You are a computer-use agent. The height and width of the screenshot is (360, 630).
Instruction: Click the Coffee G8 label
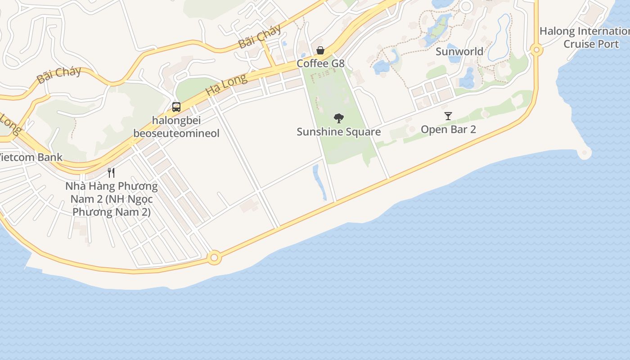click(320, 63)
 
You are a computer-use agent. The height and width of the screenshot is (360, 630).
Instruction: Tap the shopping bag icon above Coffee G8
click(320, 50)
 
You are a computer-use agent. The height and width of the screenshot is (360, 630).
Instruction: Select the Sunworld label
click(459, 51)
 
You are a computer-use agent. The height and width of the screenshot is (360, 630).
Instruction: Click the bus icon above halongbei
click(176, 107)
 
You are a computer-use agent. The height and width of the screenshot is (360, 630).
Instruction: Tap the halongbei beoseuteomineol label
click(176, 127)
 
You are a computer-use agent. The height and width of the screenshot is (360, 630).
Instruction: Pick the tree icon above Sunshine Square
click(339, 118)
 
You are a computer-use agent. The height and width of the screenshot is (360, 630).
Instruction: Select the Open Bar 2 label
click(448, 130)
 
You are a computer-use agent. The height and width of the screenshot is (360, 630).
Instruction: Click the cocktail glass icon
click(448, 116)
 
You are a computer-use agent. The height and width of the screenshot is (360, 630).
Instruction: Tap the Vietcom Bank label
click(30, 157)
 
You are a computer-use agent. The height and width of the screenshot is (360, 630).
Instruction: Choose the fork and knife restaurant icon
click(111, 172)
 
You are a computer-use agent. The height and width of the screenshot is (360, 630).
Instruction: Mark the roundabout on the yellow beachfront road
click(214, 258)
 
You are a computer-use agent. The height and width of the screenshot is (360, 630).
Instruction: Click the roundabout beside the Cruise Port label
click(536, 50)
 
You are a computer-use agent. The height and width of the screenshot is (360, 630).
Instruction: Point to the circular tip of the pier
click(585, 153)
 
